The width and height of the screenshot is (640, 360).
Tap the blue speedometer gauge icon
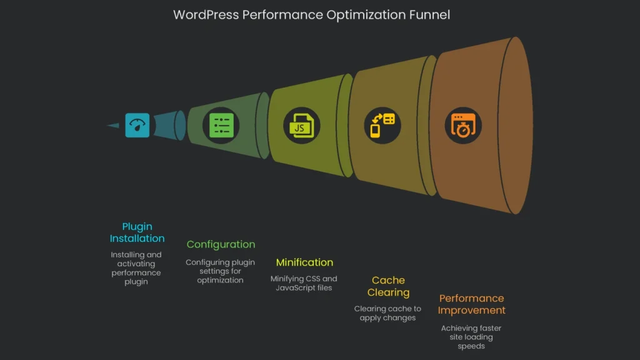[x=137, y=125]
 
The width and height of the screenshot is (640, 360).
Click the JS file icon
[x=302, y=125]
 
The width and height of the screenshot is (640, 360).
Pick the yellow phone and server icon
[x=382, y=125]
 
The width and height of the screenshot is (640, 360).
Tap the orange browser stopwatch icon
[x=463, y=125]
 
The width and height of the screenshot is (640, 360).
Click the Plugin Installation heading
[x=137, y=232]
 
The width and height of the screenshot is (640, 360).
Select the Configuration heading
[x=221, y=244]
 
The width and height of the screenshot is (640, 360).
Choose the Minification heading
[x=304, y=262]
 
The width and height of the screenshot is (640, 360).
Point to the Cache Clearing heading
[x=388, y=286]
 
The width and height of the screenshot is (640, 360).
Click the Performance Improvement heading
[x=471, y=304]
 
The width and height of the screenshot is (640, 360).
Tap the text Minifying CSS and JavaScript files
[x=304, y=283]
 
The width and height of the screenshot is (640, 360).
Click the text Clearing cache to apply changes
[x=387, y=313]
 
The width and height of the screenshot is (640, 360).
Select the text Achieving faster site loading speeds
[x=471, y=337]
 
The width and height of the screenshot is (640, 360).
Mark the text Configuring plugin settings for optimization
[x=220, y=271]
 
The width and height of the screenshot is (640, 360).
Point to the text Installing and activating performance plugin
[x=136, y=268]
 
